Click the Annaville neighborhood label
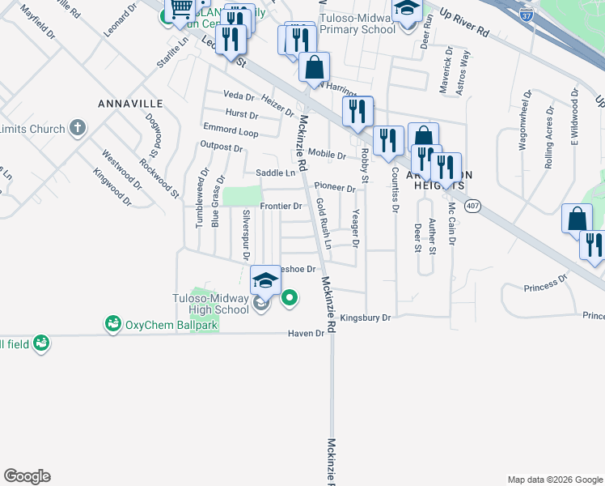point(130,104)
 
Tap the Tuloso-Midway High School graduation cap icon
point(264,280)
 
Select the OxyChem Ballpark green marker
point(112,324)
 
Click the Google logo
point(27,476)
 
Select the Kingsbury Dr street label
point(365,318)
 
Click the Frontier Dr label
point(281,207)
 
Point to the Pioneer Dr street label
point(335,188)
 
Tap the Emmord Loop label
point(231,130)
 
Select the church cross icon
point(77,127)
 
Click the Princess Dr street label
point(546,284)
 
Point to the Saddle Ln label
point(275,173)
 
